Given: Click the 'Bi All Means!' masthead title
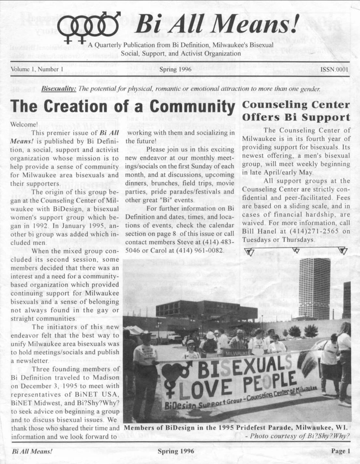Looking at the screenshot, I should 216,24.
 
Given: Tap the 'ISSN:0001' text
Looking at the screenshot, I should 334,70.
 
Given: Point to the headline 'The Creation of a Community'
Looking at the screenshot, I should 123,107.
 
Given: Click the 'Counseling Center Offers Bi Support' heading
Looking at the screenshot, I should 296,111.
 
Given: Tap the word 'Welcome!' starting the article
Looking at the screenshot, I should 24,124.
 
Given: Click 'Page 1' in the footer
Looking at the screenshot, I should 340,451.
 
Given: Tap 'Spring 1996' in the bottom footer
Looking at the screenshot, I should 176,451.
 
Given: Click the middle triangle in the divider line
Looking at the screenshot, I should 296,250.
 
